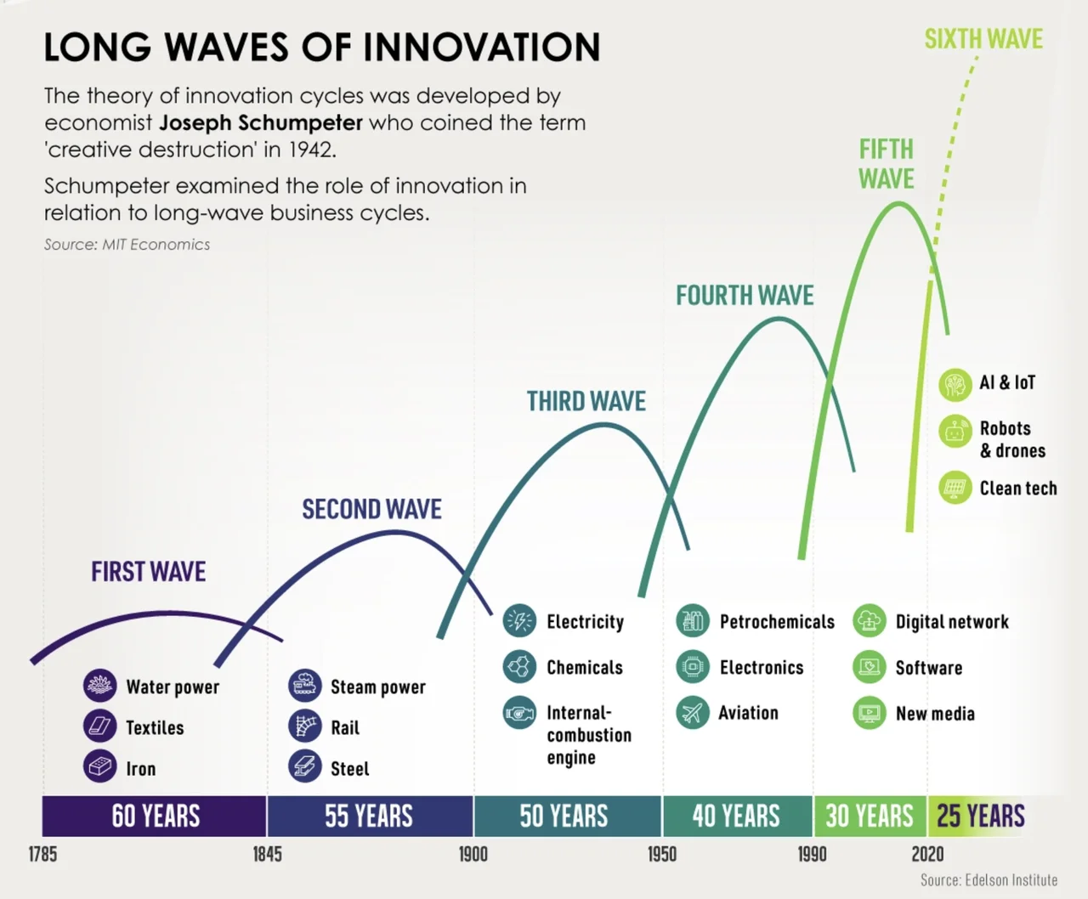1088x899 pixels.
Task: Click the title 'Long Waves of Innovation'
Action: tap(321, 47)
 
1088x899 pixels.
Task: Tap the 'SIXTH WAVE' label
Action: tap(983, 39)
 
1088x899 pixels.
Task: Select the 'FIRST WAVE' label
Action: tap(148, 572)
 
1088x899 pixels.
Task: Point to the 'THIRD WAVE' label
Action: tap(586, 401)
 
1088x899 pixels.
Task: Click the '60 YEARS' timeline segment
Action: tap(155, 817)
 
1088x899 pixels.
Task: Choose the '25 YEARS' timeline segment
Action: tap(980, 817)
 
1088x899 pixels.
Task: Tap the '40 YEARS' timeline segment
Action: tap(736, 817)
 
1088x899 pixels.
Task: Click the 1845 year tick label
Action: tap(267, 854)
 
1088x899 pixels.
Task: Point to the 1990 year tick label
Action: tap(812, 854)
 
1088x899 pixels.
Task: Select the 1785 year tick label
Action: tap(42, 854)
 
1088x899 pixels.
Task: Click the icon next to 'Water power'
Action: tap(99, 685)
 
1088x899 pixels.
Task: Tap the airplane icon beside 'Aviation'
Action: tap(693, 712)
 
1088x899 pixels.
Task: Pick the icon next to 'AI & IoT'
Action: tap(955, 384)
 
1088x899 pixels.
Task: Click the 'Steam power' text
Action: tap(377, 687)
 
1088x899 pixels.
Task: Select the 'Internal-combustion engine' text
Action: tap(588, 735)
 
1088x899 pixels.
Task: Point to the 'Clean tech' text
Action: tap(1017, 489)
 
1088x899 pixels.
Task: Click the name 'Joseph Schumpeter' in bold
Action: tap(261, 122)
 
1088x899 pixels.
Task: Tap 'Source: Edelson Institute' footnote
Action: tap(989, 880)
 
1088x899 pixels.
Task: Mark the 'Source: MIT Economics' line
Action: tap(127, 245)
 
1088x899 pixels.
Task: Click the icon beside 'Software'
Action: tap(869, 667)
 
